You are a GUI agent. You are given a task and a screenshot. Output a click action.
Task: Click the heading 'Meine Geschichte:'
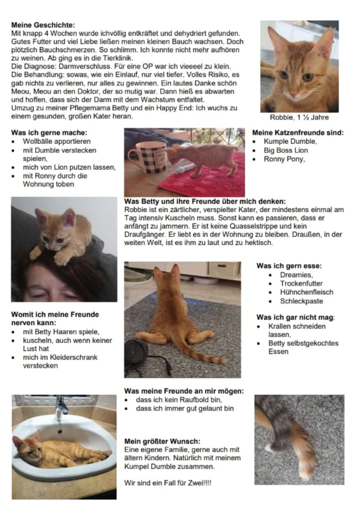(x=43, y=25)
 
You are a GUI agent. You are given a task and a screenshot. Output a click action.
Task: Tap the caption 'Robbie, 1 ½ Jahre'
(x=299, y=117)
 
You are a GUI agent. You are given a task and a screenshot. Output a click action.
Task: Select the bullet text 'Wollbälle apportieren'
(x=57, y=141)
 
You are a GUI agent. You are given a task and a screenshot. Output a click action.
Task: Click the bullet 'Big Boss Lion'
(x=286, y=150)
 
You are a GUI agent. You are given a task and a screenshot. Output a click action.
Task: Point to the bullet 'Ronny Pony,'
(x=284, y=159)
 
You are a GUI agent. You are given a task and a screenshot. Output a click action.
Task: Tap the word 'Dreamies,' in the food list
(x=296, y=275)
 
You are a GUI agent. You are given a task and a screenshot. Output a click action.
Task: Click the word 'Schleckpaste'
(x=302, y=301)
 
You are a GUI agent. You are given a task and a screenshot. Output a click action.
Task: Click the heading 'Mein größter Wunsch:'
(x=162, y=442)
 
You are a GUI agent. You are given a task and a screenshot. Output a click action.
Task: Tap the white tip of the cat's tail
(x=270, y=446)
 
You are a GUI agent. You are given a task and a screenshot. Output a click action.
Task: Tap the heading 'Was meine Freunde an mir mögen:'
(x=184, y=391)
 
